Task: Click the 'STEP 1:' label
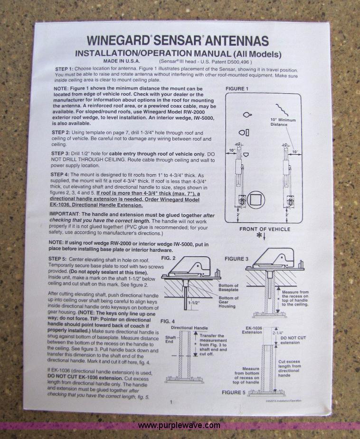pos(64,69)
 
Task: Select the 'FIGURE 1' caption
pos(237,89)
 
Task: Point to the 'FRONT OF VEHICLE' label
pos(264,229)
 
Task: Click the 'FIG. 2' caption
pos(168,258)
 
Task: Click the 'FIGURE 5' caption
pos(234,392)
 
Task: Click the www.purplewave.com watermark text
pos(179,425)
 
